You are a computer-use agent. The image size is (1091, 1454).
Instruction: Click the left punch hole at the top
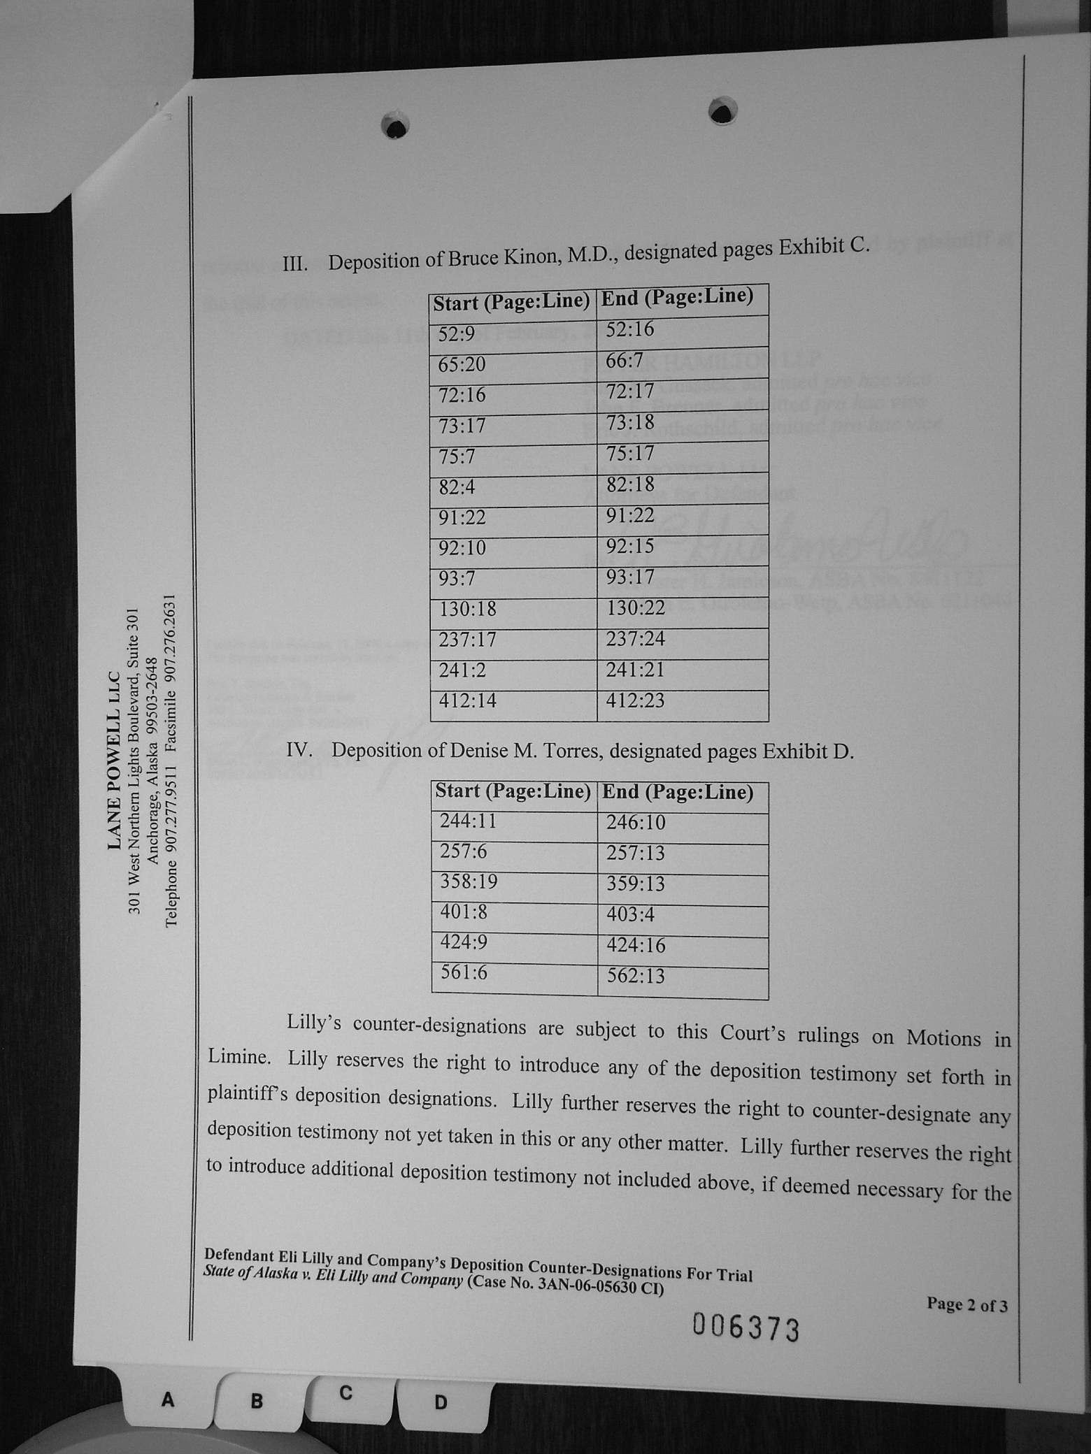395,127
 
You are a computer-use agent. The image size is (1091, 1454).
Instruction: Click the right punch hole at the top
722,110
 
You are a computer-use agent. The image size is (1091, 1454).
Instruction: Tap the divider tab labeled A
168,1399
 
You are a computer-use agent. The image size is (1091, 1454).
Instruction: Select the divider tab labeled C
345,1392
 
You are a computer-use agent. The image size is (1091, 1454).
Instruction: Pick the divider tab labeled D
441,1402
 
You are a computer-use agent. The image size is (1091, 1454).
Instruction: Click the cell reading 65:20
462,365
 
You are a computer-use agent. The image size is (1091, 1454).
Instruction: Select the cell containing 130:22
636,608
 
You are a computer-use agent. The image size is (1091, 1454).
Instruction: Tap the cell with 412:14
468,700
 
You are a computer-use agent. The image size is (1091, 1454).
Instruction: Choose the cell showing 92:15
630,546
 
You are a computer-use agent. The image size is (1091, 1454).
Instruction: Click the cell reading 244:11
468,820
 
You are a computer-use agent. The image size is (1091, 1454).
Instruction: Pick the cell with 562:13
635,976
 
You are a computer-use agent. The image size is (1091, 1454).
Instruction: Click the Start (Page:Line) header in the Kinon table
512,302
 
